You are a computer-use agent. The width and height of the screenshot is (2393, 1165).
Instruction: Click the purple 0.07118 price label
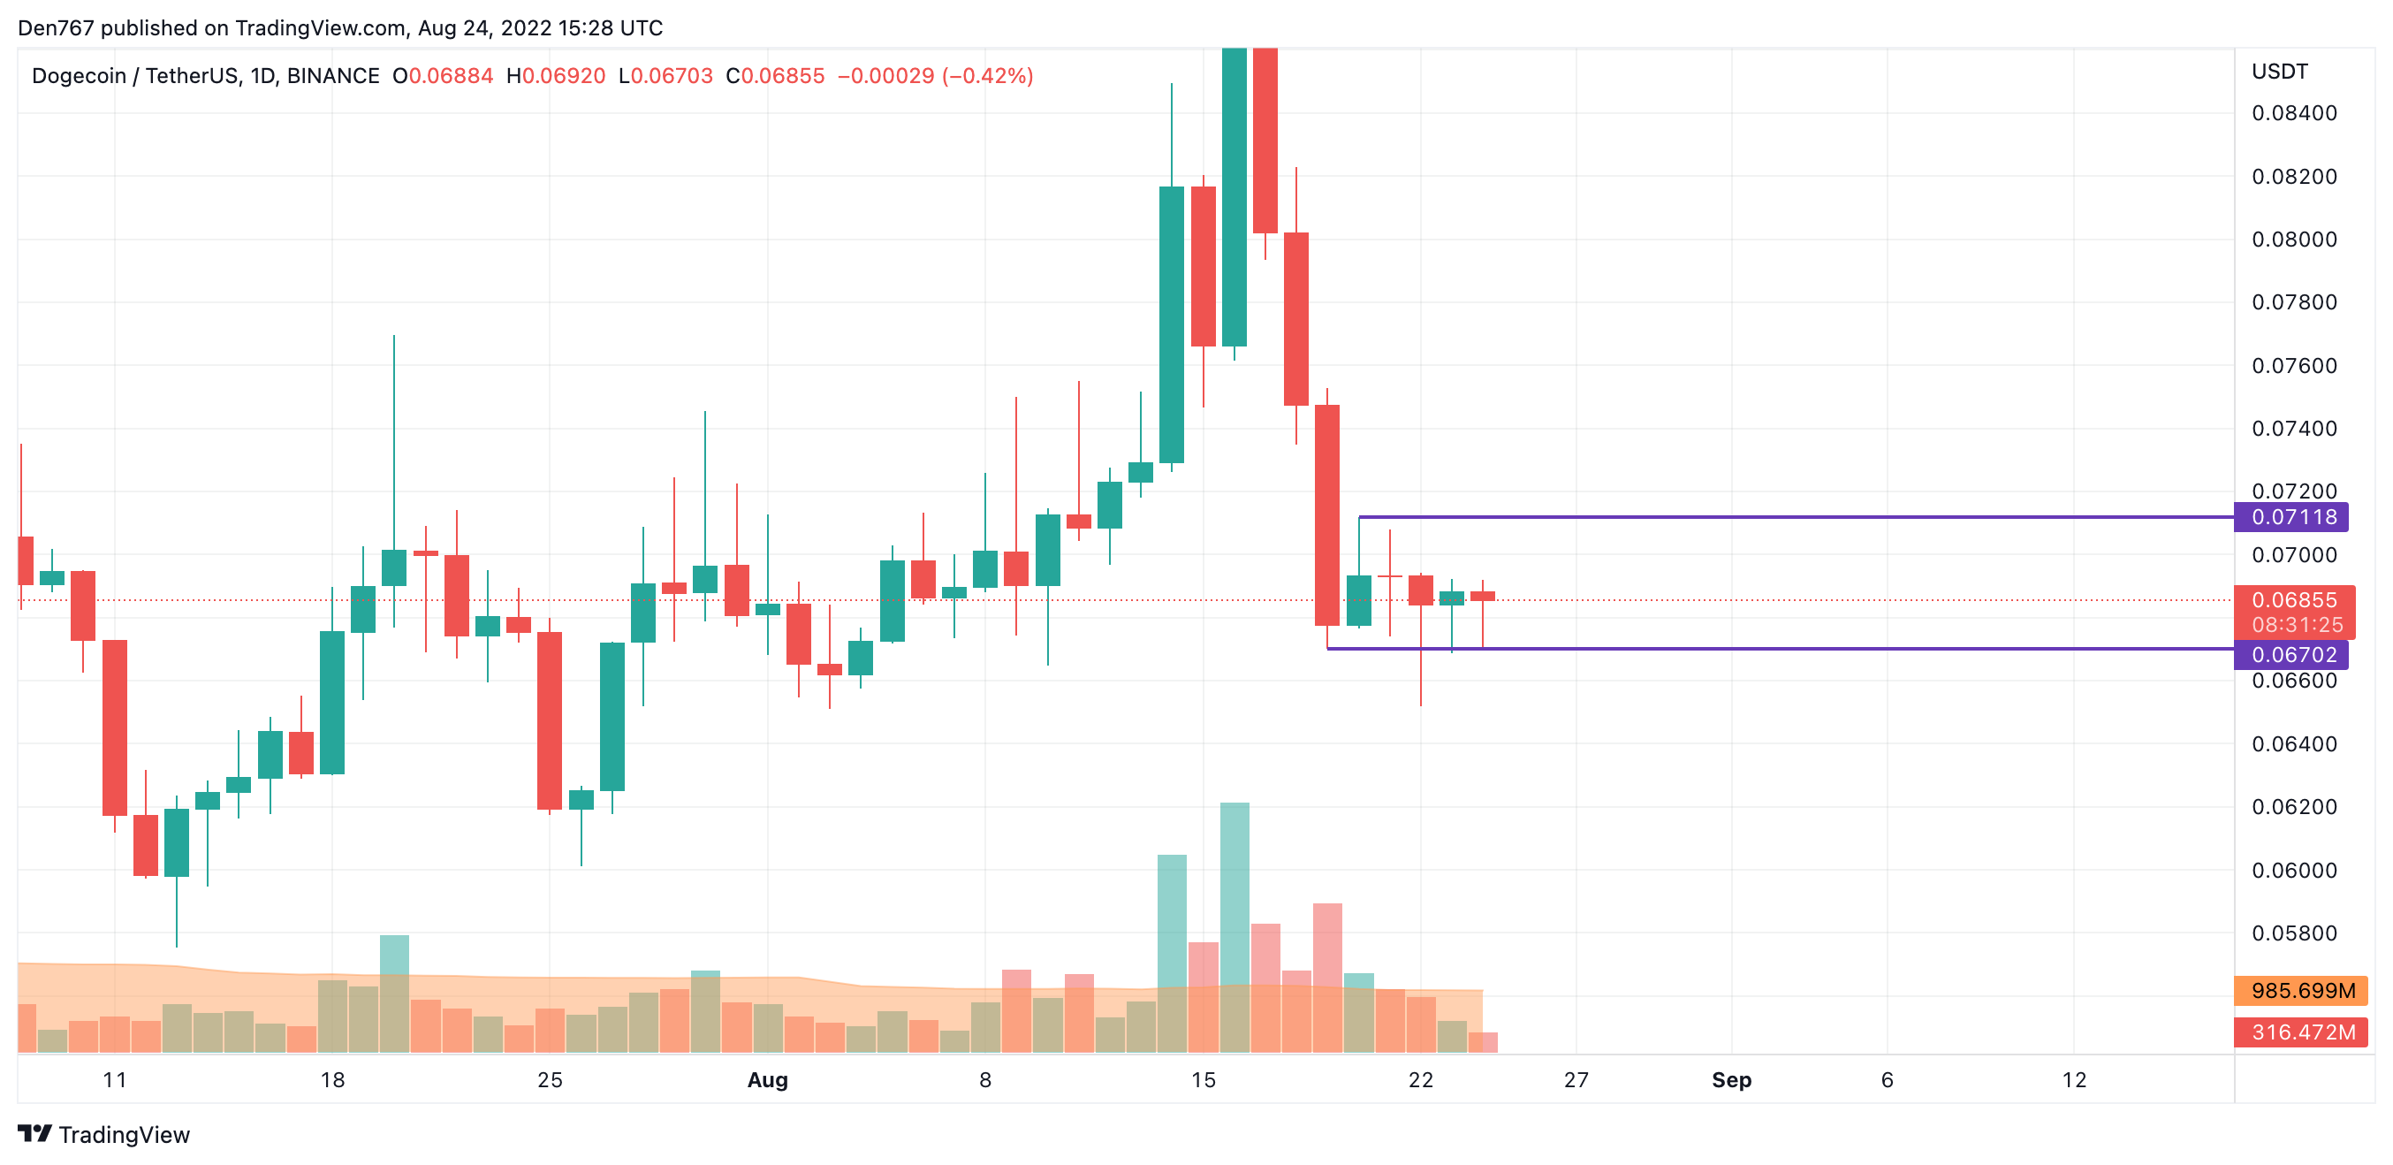coord(2292,516)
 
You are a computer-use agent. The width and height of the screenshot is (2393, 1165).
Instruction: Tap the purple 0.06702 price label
coord(2292,654)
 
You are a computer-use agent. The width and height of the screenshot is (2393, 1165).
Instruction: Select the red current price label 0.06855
coord(2292,600)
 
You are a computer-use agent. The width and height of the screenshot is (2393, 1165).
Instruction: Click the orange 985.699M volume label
coord(2302,990)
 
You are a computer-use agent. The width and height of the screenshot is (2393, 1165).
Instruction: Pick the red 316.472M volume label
coord(2302,1032)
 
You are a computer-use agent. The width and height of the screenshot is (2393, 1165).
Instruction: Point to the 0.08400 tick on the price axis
coord(2294,113)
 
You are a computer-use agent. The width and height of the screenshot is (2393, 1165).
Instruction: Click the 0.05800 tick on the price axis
coord(2294,933)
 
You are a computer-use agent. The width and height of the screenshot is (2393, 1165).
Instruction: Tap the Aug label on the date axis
coord(767,1079)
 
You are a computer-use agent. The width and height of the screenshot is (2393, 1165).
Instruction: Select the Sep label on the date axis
coord(1730,1079)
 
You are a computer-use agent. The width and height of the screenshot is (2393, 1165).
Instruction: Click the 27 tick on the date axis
coord(1576,1079)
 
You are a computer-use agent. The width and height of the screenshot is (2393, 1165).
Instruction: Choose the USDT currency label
coord(2279,72)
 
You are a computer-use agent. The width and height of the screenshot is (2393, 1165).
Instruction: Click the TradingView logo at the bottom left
coord(104,1134)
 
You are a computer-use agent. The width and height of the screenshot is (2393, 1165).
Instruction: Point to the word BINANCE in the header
coord(332,76)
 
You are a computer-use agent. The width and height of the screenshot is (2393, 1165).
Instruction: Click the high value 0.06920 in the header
coord(563,76)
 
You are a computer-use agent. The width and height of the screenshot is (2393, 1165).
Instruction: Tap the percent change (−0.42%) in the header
coord(987,76)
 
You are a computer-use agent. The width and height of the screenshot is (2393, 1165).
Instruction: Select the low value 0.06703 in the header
coord(671,76)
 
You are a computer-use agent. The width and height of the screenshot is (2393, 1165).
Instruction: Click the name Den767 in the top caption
coord(56,28)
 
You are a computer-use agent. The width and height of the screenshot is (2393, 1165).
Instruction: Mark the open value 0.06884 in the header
coord(451,76)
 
